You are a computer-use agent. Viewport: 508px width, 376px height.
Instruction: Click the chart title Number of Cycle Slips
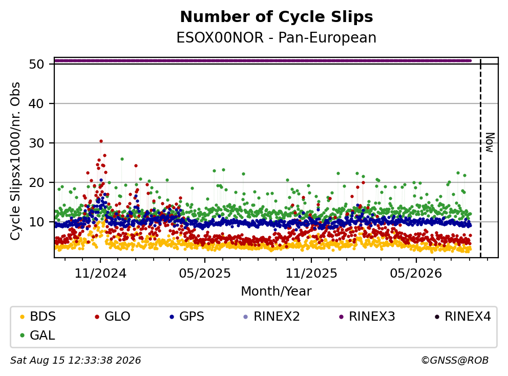[277, 17]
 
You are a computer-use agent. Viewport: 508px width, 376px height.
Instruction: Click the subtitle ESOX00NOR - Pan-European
[277, 38]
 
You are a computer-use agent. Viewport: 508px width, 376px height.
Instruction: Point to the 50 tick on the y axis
[36, 64]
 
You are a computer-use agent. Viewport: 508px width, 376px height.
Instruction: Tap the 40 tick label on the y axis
[36, 103]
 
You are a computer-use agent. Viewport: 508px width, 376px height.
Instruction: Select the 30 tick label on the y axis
[36, 143]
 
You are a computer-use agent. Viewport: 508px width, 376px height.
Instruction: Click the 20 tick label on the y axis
[36, 182]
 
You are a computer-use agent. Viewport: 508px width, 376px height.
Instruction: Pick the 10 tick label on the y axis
[36, 222]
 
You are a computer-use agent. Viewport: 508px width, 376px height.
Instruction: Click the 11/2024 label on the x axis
[100, 274]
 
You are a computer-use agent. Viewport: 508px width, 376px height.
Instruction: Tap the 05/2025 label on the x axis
[205, 274]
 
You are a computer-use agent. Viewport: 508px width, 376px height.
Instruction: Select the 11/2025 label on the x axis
[311, 274]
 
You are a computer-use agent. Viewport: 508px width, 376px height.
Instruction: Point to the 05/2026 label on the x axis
[416, 274]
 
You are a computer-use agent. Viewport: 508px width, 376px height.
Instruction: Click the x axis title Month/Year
[277, 291]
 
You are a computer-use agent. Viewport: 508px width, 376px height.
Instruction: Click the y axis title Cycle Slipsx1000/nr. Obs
[15, 161]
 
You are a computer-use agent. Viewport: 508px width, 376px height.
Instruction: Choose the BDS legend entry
[38, 317]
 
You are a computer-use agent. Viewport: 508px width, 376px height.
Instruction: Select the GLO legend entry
[113, 317]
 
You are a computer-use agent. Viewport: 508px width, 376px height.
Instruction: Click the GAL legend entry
[37, 335]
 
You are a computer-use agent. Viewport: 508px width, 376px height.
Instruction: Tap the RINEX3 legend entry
[367, 317]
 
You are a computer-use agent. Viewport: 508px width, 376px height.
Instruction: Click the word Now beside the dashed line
[490, 142]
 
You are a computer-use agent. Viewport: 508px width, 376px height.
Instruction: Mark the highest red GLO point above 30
[101, 141]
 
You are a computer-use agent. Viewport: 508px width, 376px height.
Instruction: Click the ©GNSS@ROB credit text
[455, 360]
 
